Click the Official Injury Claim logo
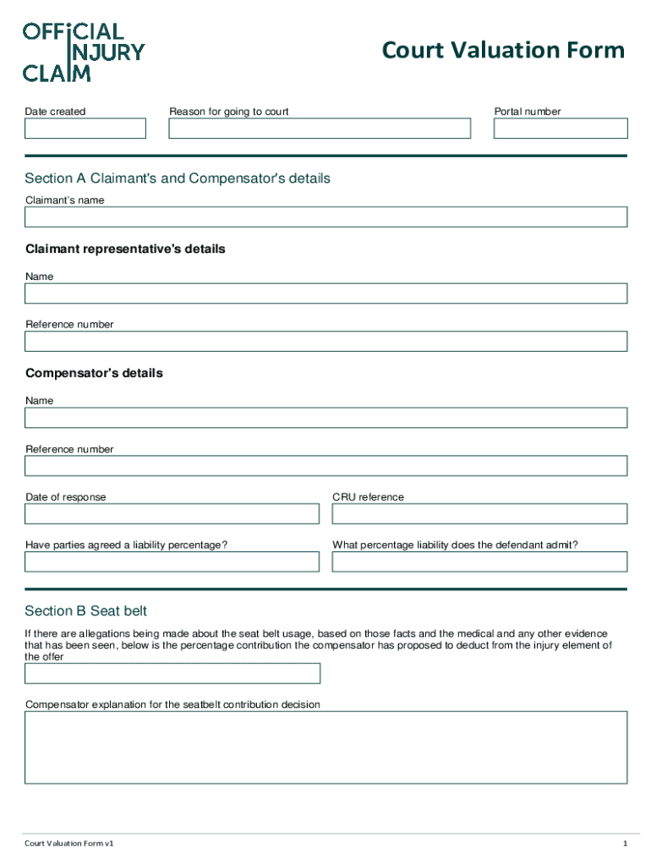click(x=83, y=52)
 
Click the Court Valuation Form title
click(x=503, y=51)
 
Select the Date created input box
click(x=85, y=129)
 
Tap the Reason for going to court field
click(x=320, y=129)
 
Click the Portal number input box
click(x=561, y=129)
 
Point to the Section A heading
click(x=178, y=178)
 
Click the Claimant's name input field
click(x=325, y=217)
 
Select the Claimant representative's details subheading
click(x=125, y=249)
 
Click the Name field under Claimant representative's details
click(x=325, y=293)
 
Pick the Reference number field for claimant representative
click(x=325, y=342)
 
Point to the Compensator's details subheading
click(x=94, y=373)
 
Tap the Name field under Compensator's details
click(x=325, y=418)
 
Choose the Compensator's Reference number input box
click(x=325, y=466)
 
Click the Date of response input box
click(x=172, y=514)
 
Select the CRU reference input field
click(x=479, y=514)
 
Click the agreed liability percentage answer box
click(x=172, y=562)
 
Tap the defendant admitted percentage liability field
click(x=479, y=562)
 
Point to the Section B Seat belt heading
click(x=86, y=611)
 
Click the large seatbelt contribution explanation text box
click(x=325, y=748)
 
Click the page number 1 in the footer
click(x=625, y=844)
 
